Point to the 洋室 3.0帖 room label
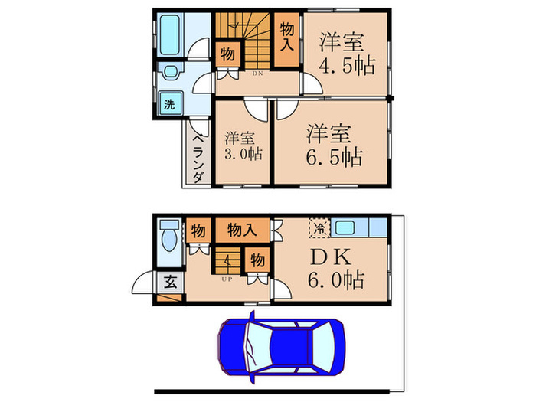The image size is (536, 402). pos(241,147)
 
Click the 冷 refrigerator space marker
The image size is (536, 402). pos(318,227)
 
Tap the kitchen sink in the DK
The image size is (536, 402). pos(345,227)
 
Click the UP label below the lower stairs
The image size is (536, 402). pos(227,279)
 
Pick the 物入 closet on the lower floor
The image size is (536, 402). pos(242,229)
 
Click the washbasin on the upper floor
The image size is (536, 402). pos(170,74)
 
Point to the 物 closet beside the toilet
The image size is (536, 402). pos(198,229)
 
